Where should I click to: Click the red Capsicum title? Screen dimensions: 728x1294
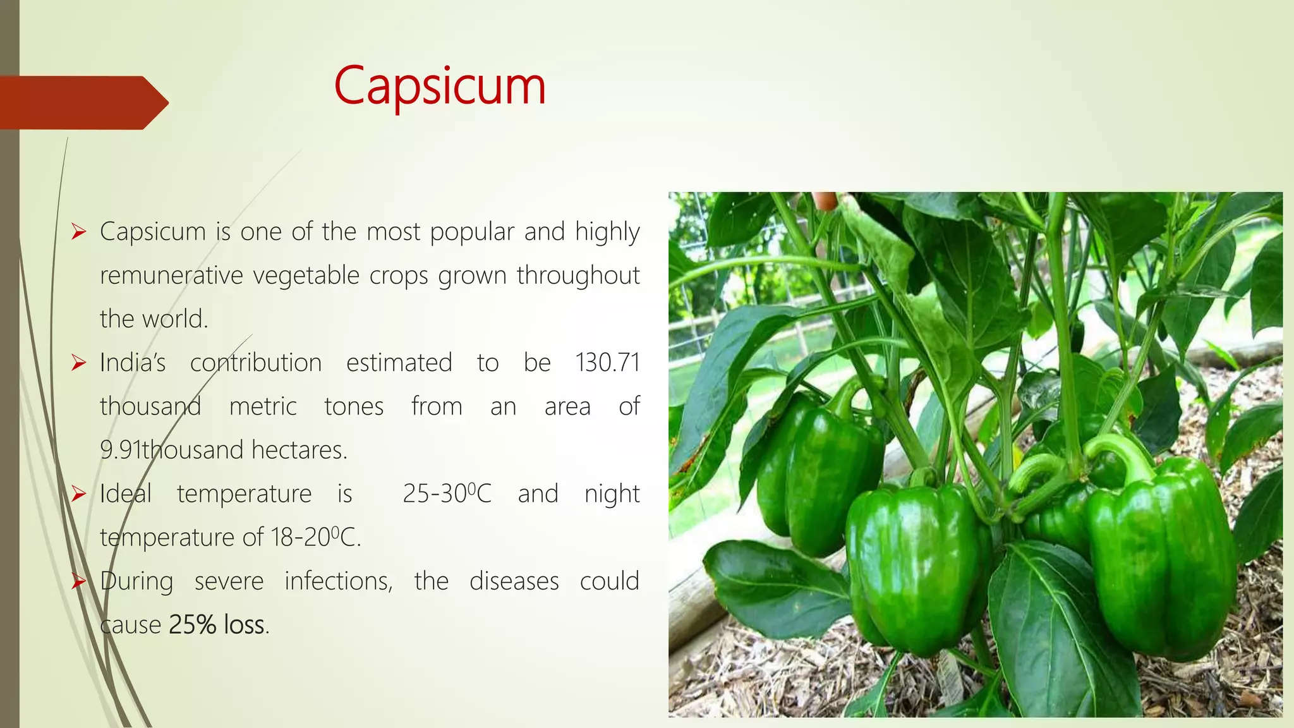click(x=440, y=87)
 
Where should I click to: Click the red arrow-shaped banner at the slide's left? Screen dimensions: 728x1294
click(x=82, y=102)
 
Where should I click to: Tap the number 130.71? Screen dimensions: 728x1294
click(x=607, y=363)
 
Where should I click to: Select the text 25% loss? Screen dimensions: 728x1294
click(x=217, y=625)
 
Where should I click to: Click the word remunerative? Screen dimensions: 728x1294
click(x=171, y=276)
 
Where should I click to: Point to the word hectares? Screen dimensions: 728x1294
click(x=299, y=451)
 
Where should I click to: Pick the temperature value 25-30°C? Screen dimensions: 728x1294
click(x=447, y=494)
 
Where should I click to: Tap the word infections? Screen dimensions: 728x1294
click(x=338, y=581)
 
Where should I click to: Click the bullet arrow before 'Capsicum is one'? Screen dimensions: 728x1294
click(x=78, y=232)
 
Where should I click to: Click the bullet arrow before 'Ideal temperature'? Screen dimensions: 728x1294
click(x=78, y=494)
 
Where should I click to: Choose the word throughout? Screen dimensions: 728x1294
click(x=578, y=276)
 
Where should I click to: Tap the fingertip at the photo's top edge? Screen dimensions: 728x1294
click(x=825, y=200)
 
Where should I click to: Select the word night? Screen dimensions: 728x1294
click(x=612, y=494)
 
